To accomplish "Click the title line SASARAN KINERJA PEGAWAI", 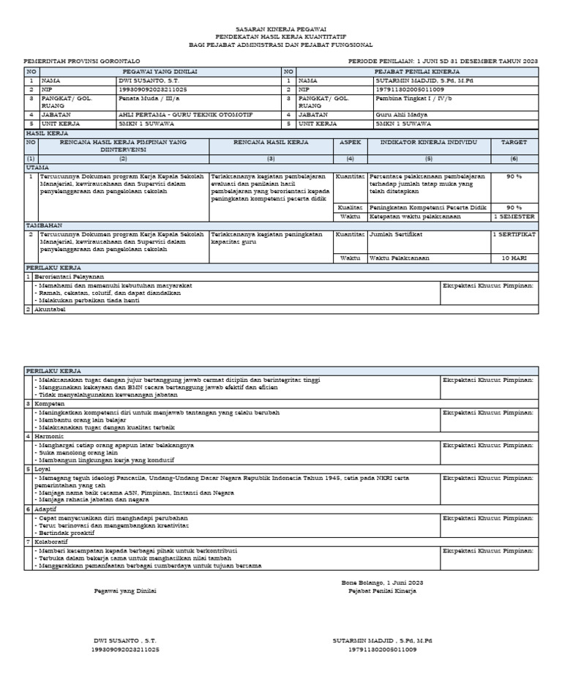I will point(282,29).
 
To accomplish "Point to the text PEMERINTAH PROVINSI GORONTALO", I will point(82,61).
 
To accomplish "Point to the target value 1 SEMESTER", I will point(514,217).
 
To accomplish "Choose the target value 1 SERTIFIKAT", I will point(514,234).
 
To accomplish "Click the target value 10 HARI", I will point(514,258).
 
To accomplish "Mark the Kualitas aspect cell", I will point(350,207).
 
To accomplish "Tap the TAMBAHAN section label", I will point(45,225).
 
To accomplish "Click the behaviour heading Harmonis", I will point(50,436).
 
